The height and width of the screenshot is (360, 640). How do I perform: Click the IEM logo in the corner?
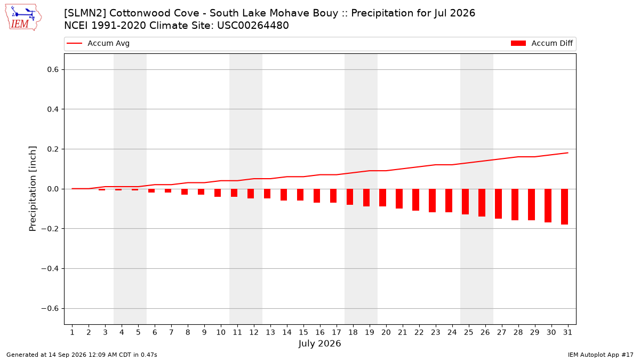pos(23,18)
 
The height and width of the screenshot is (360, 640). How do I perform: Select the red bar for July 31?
pos(565,206)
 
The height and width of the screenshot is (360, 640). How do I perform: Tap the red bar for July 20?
pos(383,198)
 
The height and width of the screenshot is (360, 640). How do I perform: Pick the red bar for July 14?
pos(284,195)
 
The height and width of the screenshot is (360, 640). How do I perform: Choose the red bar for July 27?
pos(499,204)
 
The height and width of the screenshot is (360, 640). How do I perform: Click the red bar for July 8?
pos(185,191)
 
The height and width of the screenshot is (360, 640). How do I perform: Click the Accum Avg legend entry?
pos(98,43)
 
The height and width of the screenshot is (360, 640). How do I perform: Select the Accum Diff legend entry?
pos(542,43)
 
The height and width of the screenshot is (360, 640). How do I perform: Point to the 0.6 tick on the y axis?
pos(53,69)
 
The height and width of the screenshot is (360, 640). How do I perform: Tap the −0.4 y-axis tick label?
pos(50,269)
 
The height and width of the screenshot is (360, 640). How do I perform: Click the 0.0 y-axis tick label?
pos(53,189)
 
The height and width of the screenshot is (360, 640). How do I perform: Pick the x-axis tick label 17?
pos(337,332)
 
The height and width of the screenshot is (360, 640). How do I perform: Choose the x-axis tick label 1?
pos(72,332)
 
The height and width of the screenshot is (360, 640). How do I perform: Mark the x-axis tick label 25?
pos(469,332)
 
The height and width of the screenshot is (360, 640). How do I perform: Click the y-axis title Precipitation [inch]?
pos(33,189)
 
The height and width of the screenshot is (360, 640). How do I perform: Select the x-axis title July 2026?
pos(319,343)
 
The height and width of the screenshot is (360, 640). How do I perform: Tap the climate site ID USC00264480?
pos(253,26)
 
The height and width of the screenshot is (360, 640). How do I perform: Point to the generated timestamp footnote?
pos(82,355)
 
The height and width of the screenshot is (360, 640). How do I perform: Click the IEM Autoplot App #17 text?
pos(601,355)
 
